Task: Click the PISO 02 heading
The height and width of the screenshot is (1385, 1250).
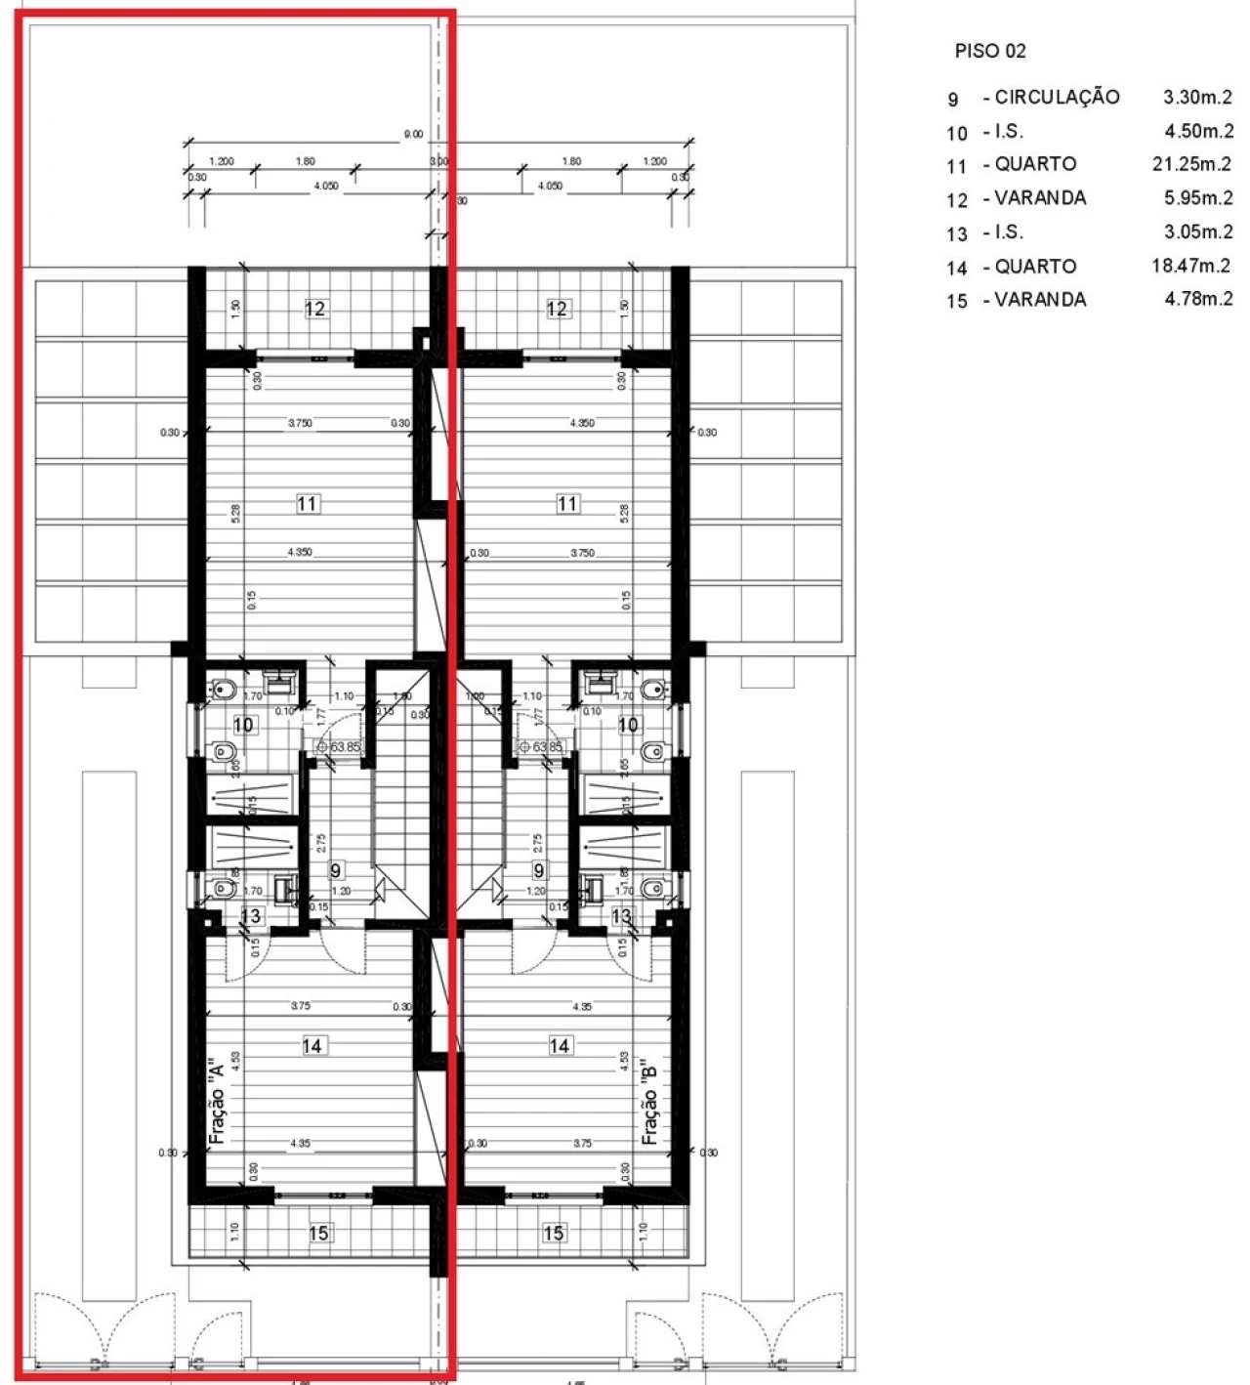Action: (x=990, y=52)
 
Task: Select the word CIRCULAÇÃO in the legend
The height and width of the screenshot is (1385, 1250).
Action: (x=1057, y=97)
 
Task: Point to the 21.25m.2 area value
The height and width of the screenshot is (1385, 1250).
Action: (x=1191, y=164)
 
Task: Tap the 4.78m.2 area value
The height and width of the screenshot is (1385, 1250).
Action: (x=1198, y=299)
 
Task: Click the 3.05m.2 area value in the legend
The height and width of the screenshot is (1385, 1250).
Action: (x=1198, y=231)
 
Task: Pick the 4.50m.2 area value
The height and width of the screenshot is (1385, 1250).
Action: (x=1198, y=131)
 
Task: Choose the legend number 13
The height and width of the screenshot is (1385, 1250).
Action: (x=956, y=234)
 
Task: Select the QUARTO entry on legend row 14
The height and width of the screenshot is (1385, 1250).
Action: (x=1035, y=267)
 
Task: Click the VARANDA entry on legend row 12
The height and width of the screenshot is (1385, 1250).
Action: (x=1040, y=198)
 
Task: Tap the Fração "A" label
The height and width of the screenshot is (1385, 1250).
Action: (x=218, y=1098)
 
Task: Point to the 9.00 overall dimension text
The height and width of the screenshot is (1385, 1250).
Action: (x=413, y=134)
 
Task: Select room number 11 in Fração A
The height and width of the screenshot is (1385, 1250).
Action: (x=308, y=504)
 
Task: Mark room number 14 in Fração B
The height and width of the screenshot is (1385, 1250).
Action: (x=560, y=1046)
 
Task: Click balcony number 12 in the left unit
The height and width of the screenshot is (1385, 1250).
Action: (x=314, y=309)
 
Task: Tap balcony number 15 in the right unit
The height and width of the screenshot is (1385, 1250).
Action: (x=554, y=1234)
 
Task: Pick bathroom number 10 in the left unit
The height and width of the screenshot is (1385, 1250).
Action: (x=243, y=725)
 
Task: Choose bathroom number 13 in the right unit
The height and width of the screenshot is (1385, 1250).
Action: (x=621, y=916)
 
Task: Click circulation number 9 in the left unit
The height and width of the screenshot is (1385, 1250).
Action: (x=336, y=869)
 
